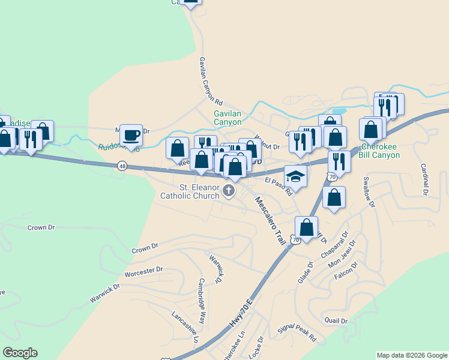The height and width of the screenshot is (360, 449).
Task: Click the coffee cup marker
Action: point(131,135)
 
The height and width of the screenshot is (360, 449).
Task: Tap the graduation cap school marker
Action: point(295,176)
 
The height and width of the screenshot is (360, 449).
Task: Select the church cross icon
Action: point(228,191)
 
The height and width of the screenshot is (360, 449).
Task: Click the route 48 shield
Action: point(122,166)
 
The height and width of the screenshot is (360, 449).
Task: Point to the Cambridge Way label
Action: point(202,293)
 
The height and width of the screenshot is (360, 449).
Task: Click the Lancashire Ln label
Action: point(185,327)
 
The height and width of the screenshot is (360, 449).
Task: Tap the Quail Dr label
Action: point(336,320)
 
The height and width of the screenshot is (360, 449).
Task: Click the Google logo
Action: point(20,353)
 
